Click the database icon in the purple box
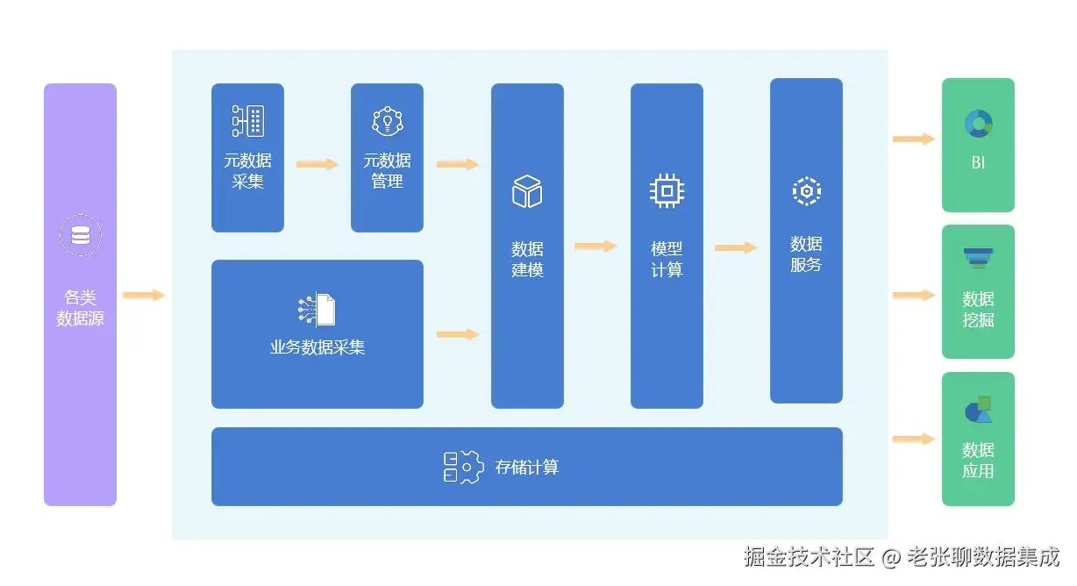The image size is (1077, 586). pos(80,235)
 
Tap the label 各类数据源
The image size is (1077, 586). pos(80,308)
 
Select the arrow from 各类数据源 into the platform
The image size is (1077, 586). pos(144,295)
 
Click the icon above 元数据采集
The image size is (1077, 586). pos(247,121)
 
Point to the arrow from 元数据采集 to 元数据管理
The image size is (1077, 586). pos(317,164)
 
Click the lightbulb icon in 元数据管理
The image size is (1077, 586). pos(387,121)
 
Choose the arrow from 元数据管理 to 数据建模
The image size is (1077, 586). pos(457,164)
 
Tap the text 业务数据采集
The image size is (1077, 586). pos(317,347)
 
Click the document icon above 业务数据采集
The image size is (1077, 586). pos(317,310)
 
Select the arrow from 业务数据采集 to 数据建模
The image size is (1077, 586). pos(457,334)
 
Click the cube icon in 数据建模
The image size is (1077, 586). pos(527,191)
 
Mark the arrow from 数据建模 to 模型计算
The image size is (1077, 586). pos(596,247)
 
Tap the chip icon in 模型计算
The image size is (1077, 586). pos(667,190)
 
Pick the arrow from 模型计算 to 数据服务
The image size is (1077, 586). pos(735,248)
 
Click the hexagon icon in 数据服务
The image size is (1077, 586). pos(806,190)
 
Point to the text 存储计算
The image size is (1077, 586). pos(526,467)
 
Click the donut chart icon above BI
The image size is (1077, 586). pos(978,124)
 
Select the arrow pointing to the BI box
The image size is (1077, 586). pos(914,139)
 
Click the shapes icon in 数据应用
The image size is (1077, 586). pos(978,410)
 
